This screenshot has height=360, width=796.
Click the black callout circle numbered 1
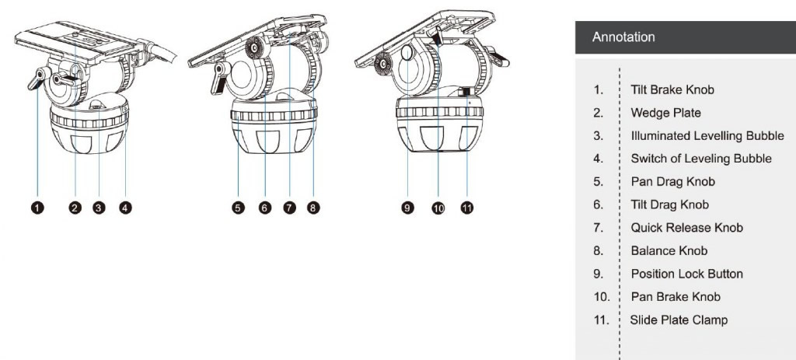click(37, 207)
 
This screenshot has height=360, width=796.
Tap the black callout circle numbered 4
click(125, 207)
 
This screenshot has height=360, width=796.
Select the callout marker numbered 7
click(289, 207)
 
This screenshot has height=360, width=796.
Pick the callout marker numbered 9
click(407, 207)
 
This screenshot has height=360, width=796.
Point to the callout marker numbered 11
click(467, 207)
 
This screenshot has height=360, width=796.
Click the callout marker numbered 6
click(265, 207)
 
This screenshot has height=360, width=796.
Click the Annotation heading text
click(623, 37)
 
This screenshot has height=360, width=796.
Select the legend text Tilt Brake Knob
click(672, 90)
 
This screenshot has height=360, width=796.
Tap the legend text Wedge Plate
click(665, 113)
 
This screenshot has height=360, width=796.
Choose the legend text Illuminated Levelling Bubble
click(707, 136)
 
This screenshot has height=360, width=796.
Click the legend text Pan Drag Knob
click(672, 182)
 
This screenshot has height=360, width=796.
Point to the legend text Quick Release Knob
click(687, 228)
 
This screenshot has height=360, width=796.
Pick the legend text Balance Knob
click(669, 251)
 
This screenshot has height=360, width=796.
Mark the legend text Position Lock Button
click(687, 274)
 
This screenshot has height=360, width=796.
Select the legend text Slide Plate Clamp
click(679, 320)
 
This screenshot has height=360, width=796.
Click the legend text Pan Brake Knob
click(676, 296)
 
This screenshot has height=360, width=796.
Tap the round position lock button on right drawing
click(407, 52)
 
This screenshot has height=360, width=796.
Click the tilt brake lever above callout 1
click(37, 79)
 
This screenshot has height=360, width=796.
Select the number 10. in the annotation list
click(602, 296)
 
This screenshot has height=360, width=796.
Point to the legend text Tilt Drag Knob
click(669, 204)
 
